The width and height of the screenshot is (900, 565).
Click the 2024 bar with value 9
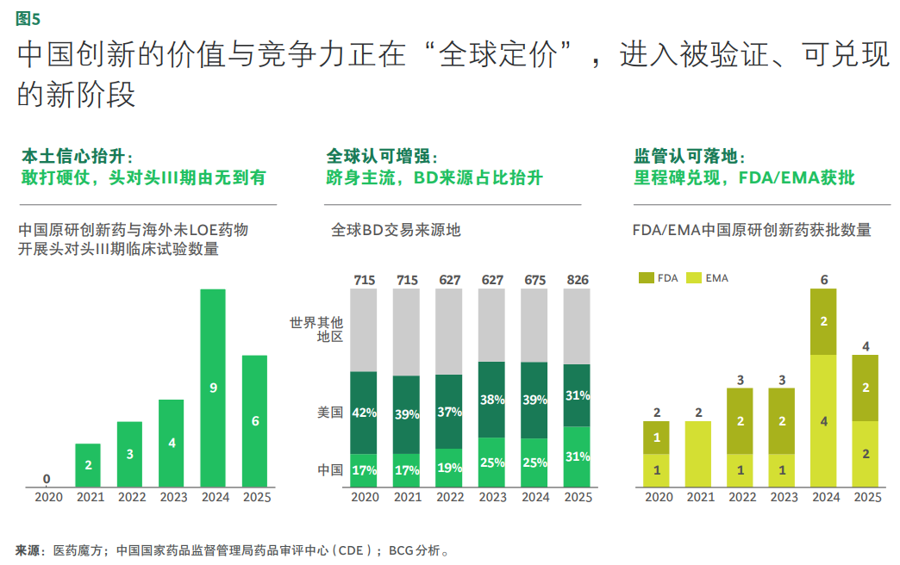213,388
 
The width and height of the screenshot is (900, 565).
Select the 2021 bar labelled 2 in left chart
88,465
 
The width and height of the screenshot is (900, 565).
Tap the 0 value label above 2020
46,479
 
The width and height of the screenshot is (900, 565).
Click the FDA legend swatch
647,278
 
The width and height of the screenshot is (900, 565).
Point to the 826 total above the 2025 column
577,280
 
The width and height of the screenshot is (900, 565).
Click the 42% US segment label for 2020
364,413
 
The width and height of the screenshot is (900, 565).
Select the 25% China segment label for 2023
491,463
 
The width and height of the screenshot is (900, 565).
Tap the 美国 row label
330,413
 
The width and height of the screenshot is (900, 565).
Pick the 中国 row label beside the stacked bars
330,470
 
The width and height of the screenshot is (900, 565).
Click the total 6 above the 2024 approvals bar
824,280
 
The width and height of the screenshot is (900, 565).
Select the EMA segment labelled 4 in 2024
824,421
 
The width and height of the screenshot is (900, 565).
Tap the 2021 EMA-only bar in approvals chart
700,454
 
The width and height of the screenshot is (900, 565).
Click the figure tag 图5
28,18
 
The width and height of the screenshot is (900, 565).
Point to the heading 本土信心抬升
75,156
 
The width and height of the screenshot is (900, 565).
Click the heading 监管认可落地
687,156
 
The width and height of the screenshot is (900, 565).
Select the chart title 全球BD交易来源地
396,230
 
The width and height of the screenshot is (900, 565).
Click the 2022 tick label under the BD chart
450,497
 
